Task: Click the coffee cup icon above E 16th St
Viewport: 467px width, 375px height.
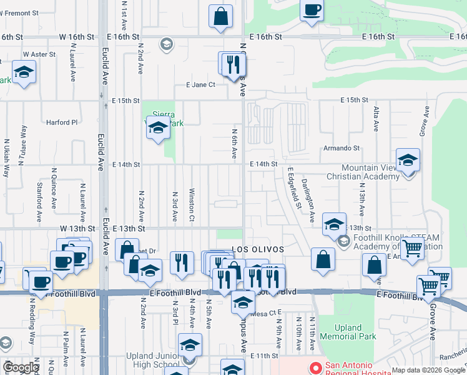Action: (x=312, y=11)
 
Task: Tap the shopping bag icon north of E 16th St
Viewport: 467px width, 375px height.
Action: (x=221, y=17)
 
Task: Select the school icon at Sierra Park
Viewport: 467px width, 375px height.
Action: (x=158, y=129)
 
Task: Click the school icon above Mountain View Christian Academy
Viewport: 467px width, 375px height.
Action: (x=408, y=161)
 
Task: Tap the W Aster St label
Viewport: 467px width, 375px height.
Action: (x=39, y=55)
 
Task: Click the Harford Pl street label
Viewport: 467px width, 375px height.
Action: (x=62, y=122)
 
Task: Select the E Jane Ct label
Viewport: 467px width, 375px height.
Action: (x=200, y=84)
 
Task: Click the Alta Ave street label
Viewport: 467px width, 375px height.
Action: (x=376, y=118)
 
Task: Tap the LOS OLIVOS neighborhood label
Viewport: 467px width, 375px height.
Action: (x=258, y=249)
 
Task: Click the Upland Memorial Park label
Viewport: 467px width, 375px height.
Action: (x=355, y=332)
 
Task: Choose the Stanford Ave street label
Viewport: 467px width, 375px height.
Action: (x=39, y=191)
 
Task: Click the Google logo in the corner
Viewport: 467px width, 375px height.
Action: (x=21, y=367)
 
